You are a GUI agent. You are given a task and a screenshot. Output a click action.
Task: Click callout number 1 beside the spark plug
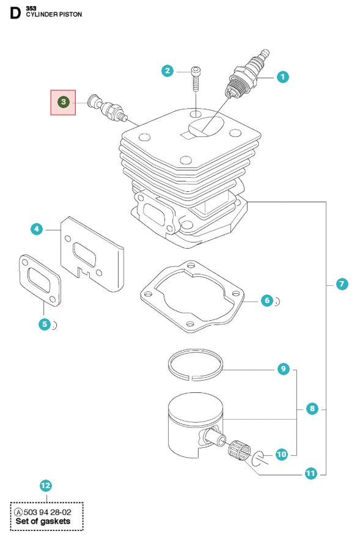tap(282, 77)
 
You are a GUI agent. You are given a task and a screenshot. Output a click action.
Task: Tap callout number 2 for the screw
tap(167, 71)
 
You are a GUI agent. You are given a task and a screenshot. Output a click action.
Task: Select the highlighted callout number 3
tap(62, 102)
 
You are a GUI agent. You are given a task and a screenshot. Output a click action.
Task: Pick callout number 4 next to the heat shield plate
tap(37, 229)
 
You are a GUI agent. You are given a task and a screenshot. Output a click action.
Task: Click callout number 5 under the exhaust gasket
tap(44, 324)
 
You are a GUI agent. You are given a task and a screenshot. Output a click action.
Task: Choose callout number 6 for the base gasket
tap(266, 300)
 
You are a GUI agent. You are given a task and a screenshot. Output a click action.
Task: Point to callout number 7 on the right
tap(342, 283)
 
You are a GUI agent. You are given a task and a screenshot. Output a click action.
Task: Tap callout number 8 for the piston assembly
tap(312, 408)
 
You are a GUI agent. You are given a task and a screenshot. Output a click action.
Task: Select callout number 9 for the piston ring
tap(282, 369)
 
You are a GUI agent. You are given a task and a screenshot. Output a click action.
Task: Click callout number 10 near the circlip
tap(281, 454)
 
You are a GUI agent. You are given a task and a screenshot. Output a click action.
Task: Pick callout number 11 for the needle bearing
tap(312, 473)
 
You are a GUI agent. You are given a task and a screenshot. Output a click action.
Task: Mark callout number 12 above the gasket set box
tap(45, 486)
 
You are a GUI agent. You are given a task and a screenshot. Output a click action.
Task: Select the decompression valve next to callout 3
tap(107, 108)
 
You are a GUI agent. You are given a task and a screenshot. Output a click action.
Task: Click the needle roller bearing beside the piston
tap(238, 450)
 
